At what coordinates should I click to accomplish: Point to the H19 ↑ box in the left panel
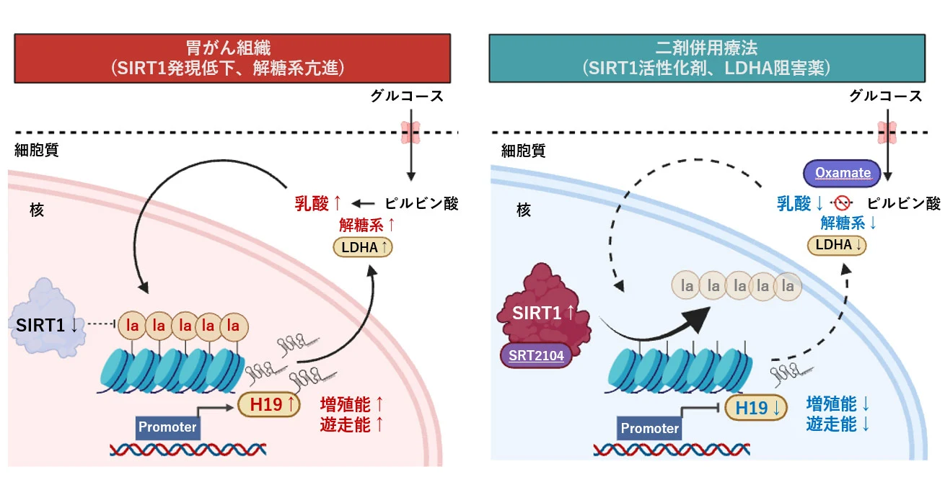coord(268,406)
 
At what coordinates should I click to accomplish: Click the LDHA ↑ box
coord(363,247)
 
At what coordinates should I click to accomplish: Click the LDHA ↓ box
coord(838,245)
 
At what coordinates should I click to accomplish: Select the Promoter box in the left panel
coord(167,427)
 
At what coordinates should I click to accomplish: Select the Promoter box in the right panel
coord(649,429)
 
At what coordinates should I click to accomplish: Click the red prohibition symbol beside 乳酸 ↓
coord(842,204)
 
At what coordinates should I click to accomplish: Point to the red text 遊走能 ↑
coord(351,424)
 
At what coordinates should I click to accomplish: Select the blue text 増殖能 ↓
coord(838,403)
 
